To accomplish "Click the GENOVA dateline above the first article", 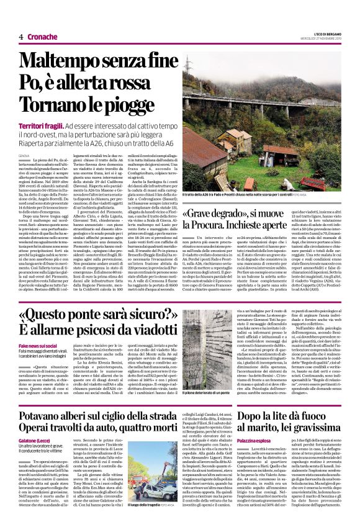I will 25,155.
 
